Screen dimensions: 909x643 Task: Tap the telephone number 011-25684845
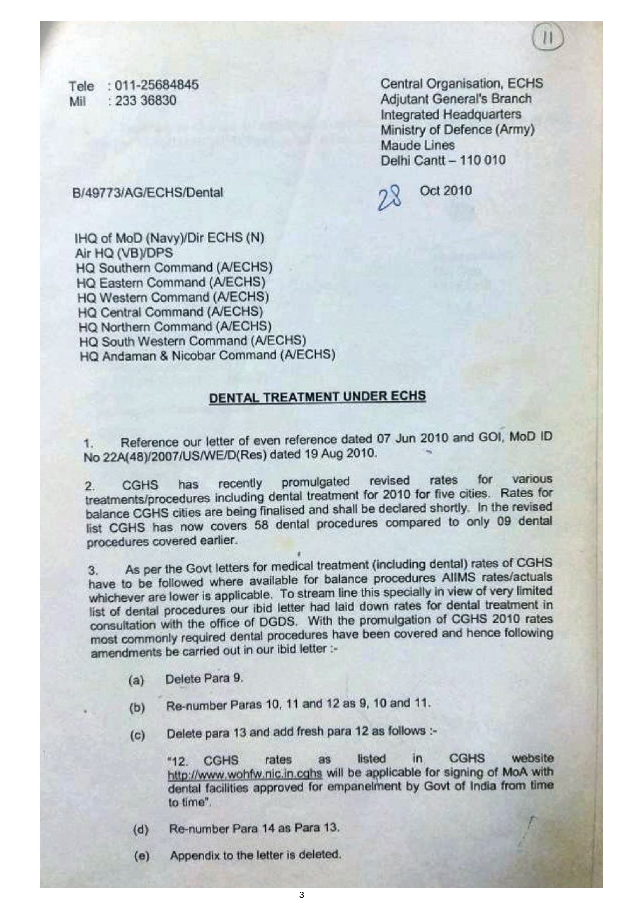(156, 85)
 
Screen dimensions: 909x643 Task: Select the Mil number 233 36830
(145, 101)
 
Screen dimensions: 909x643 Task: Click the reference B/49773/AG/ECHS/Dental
(148, 193)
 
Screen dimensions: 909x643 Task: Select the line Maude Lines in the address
(417, 145)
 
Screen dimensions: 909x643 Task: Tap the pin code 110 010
(480, 161)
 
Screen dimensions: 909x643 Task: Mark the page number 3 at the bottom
(302, 895)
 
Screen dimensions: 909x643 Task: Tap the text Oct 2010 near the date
(446, 191)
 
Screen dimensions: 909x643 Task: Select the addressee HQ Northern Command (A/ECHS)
(175, 326)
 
